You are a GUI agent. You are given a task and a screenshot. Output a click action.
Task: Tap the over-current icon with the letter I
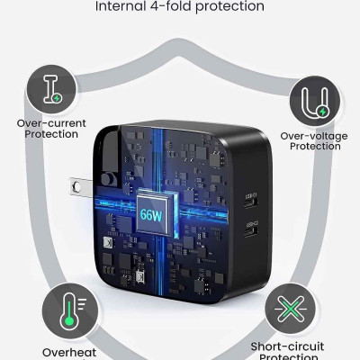pos(51,88)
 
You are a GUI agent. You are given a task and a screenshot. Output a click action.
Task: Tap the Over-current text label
pos(51,122)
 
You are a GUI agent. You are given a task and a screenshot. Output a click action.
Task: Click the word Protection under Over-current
pos(51,135)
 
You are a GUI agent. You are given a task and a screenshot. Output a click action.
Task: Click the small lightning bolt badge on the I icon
pos(58,96)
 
